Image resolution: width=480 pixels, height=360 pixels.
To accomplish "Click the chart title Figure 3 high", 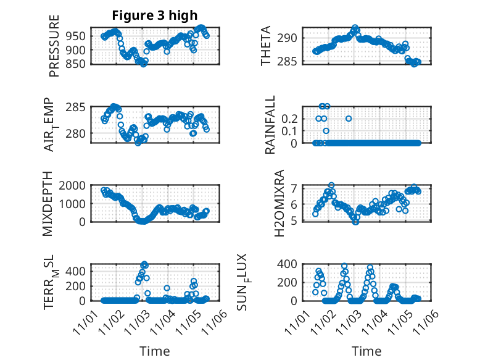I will pyautogui.click(x=155, y=15).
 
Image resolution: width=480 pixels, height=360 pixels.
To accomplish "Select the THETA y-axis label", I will pyautogui.click(x=266, y=46).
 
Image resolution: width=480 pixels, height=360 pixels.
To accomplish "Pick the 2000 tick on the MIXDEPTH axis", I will pyautogui.click(x=74, y=185).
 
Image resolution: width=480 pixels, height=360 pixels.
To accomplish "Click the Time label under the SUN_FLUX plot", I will pyautogui.click(x=366, y=351).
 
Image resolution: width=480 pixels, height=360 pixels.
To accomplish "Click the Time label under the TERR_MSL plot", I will pyautogui.click(x=155, y=351).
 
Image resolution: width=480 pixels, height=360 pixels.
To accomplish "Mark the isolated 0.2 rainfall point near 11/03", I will pyautogui.click(x=349, y=118).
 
